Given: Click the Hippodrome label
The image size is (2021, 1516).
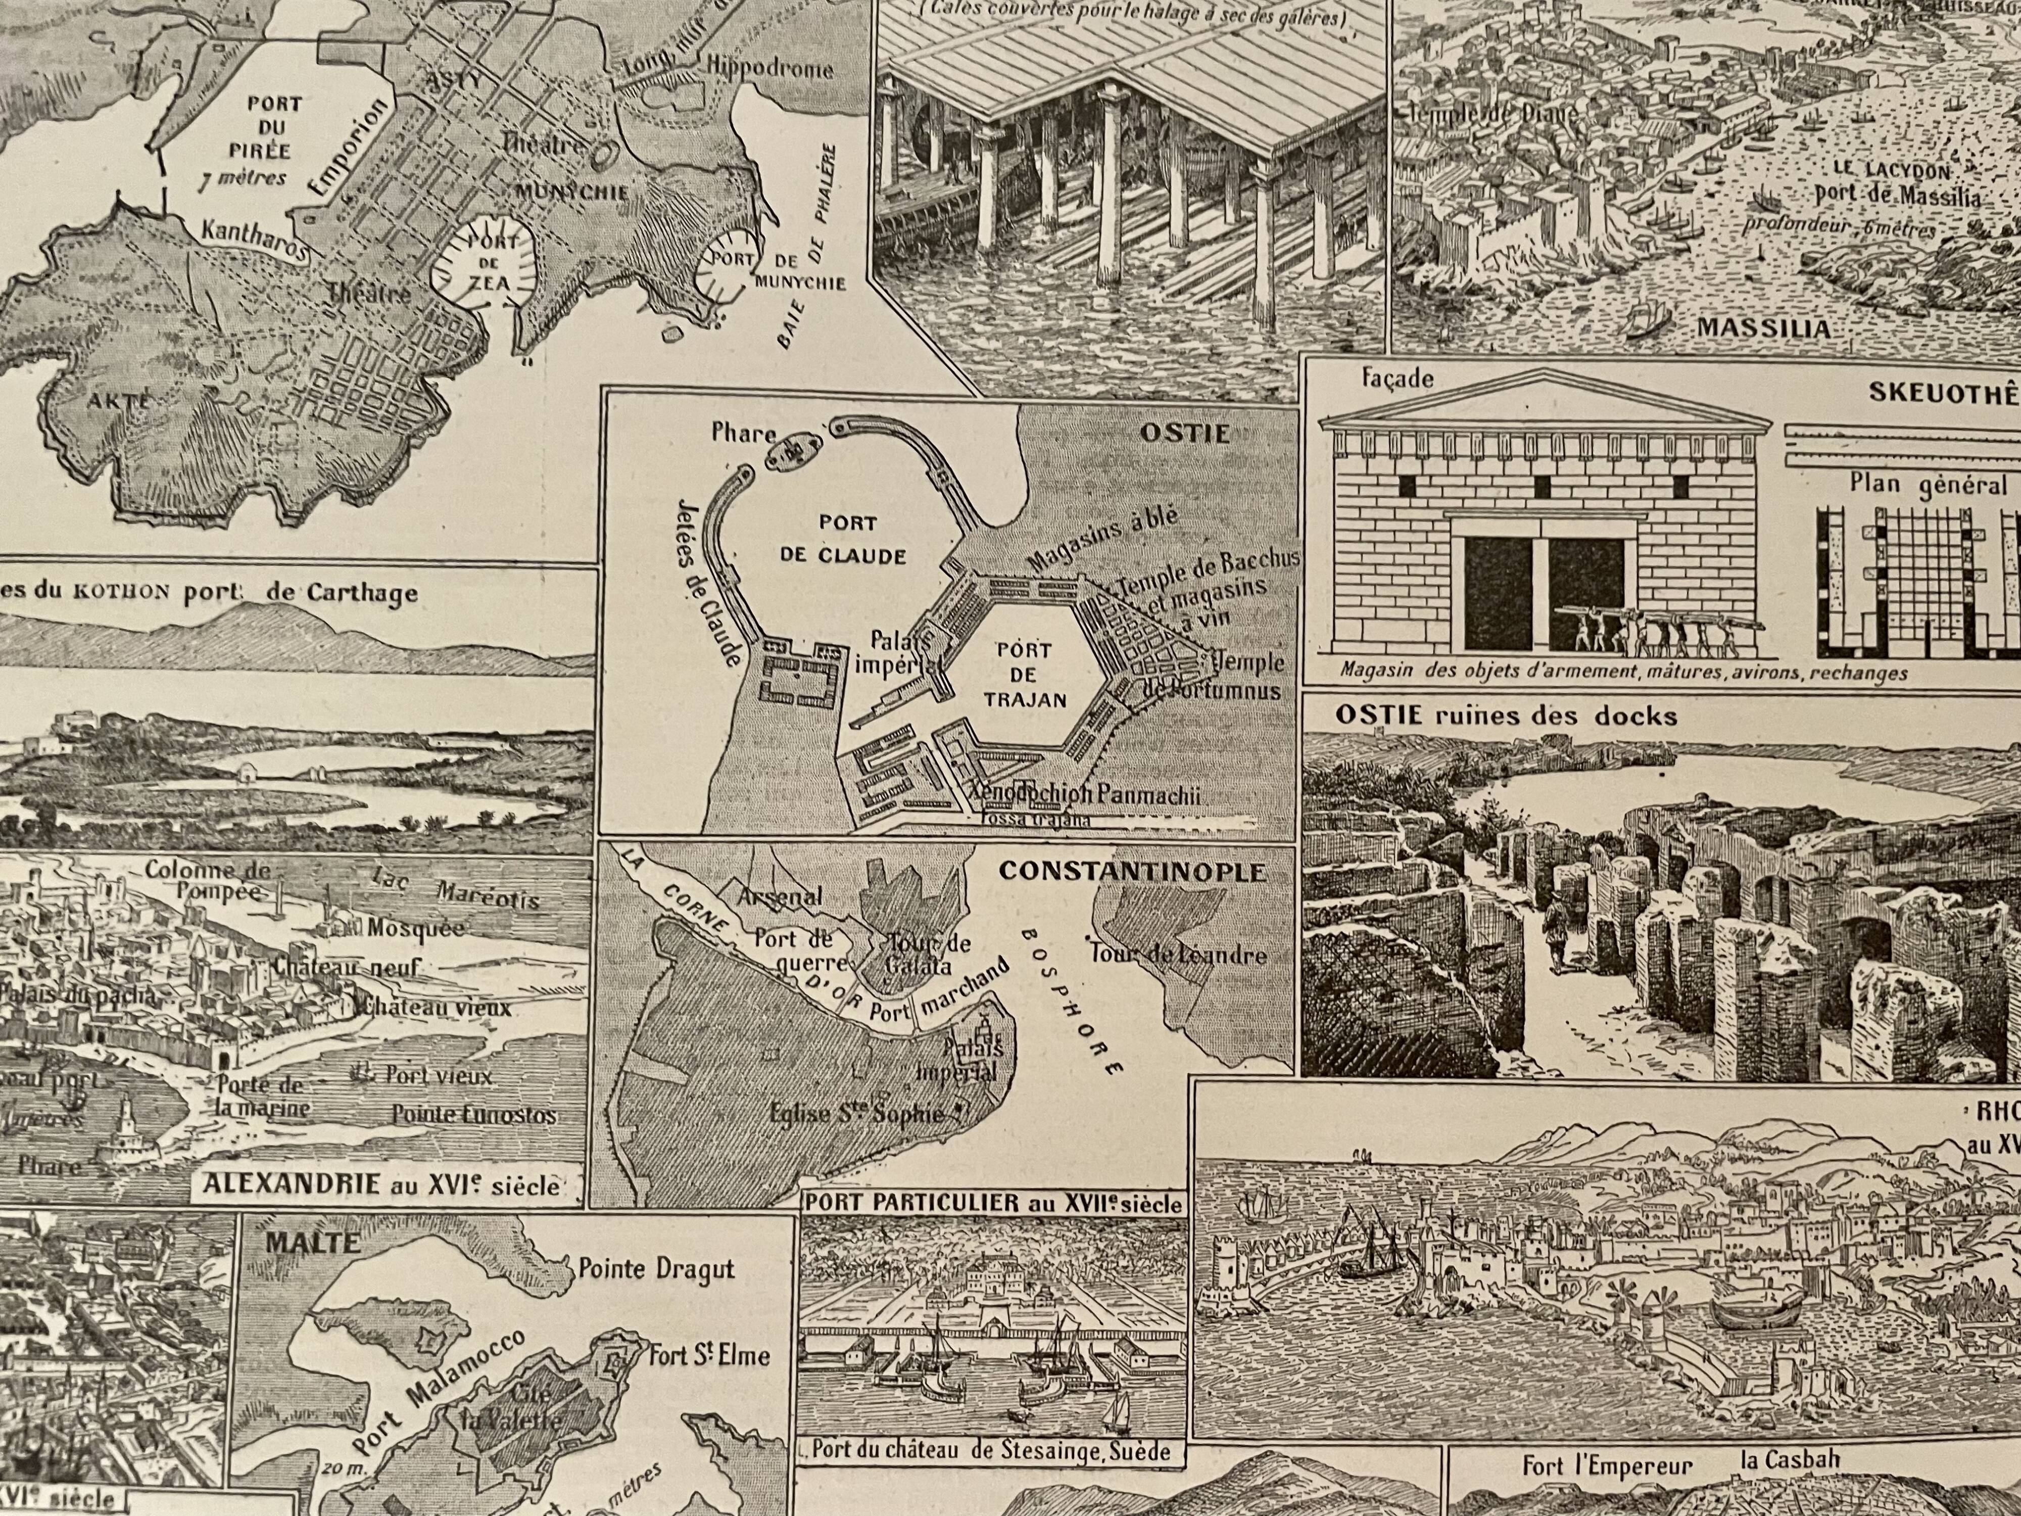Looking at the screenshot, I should pyautogui.click(x=770, y=69).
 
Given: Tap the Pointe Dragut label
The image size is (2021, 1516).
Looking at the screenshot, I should pyautogui.click(x=656, y=1269).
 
